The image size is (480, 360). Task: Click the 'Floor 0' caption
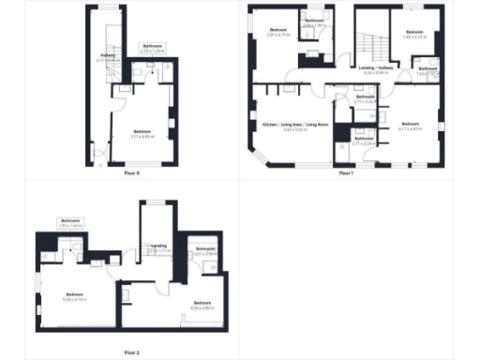tap(131, 173)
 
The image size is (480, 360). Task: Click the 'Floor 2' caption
tap(131, 352)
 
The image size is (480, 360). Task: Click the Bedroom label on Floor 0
tap(142, 133)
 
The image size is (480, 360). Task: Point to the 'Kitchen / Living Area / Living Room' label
tap(293, 126)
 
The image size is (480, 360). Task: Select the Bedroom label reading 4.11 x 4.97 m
tap(411, 126)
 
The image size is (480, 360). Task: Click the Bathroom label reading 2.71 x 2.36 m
tap(366, 99)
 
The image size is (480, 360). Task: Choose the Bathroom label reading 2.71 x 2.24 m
tap(365, 142)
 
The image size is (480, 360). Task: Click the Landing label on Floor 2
tap(158, 248)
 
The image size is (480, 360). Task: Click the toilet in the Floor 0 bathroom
tap(138, 69)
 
